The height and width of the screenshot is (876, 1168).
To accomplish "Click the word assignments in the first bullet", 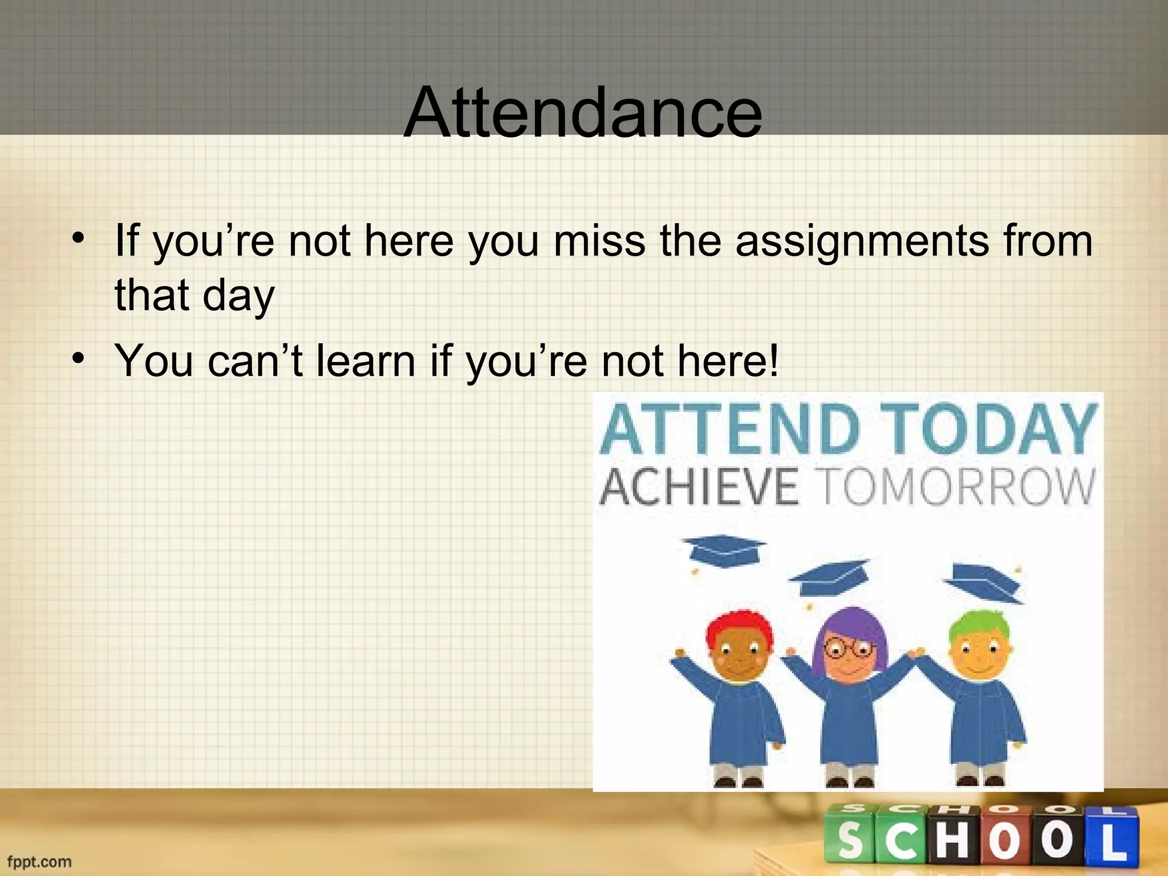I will (x=862, y=241).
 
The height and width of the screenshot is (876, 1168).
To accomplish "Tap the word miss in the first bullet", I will (x=599, y=240).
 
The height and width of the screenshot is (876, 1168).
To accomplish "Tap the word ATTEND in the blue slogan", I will (x=729, y=429).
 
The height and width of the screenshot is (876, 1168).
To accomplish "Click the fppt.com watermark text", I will (x=39, y=861).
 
